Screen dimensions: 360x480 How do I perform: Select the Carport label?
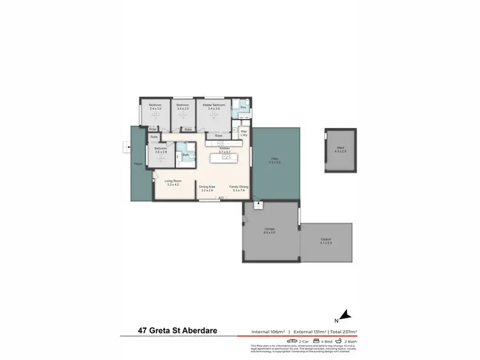326,239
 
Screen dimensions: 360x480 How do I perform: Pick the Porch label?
138,164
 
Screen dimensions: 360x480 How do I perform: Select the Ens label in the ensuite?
243,107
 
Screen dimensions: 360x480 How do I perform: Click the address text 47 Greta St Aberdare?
176,331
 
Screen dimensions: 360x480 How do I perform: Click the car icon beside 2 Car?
291,342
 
